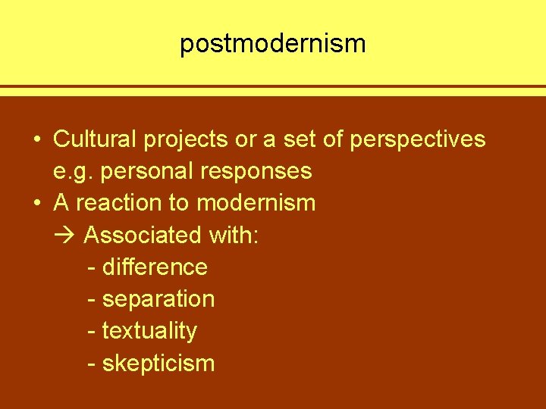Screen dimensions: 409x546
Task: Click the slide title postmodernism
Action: coord(272,44)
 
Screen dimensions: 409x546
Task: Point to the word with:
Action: coord(231,236)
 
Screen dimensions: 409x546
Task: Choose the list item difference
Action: coord(155,267)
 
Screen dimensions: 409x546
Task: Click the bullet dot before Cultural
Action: coord(37,140)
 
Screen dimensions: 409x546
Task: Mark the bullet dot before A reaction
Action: coord(37,204)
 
